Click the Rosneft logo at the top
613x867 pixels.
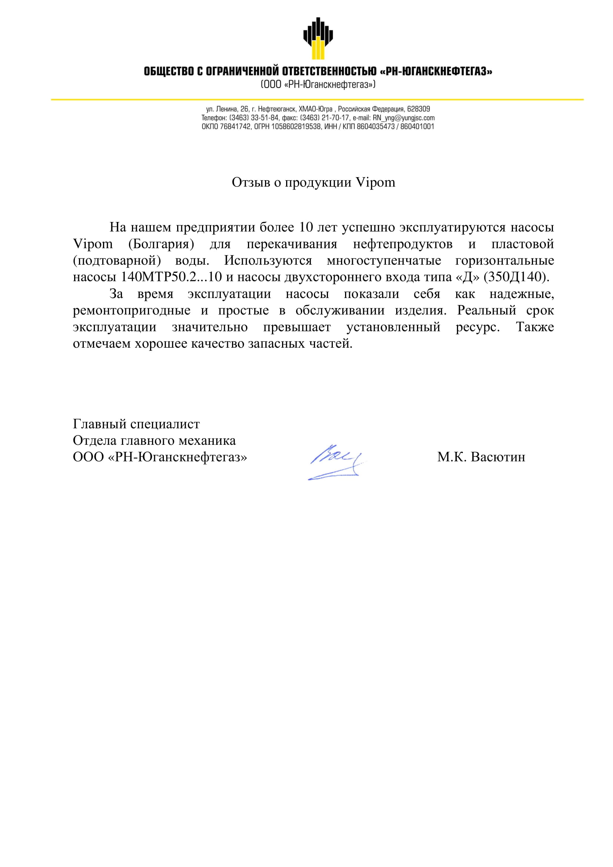pyautogui.click(x=318, y=38)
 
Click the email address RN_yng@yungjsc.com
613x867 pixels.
pyautogui.click(x=404, y=118)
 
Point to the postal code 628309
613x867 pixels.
pyautogui.click(x=418, y=109)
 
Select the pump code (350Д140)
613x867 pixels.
pyautogui.click(x=516, y=277)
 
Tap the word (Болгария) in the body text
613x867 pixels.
pyautogui.click(x=161, y=244)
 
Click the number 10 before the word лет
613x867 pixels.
pyautogui.click(x=306, y=227)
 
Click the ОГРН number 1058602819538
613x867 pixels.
pyautogui.click(x=295, y=126)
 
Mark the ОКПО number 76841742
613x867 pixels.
pyautogui.click(x=235, y=126)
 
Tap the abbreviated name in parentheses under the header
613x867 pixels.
pyautogui.click(x=318, y=84)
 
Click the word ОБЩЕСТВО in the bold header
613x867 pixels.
pyautogui.click(x=169, y=71)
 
